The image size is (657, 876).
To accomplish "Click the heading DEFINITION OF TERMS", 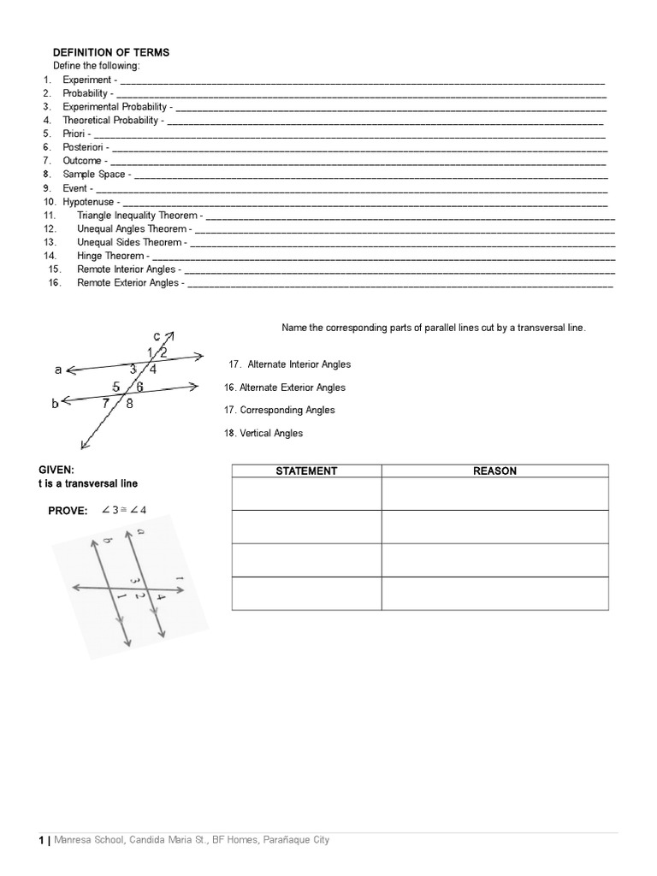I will [x=111, y=52].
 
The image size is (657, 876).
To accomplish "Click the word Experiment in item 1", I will [x=86, y=80].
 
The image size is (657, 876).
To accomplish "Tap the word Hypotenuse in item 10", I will [x=88, y=201].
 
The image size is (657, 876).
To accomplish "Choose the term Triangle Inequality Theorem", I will [x=137, y=216].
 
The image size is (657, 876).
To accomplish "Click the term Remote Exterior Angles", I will [x=127, y=282].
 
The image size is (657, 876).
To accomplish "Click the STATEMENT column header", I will [x=306, y=471].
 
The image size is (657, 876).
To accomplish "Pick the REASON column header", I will [x=494, y=471].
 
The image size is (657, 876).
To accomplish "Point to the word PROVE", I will [x=68, y=511].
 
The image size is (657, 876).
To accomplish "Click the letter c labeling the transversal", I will [x=157, y=335].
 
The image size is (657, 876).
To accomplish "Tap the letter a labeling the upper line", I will [x=57, y=370].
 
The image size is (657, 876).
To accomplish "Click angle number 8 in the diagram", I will [x=130, y=405].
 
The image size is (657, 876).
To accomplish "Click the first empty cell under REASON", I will [x=494, y=494].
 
